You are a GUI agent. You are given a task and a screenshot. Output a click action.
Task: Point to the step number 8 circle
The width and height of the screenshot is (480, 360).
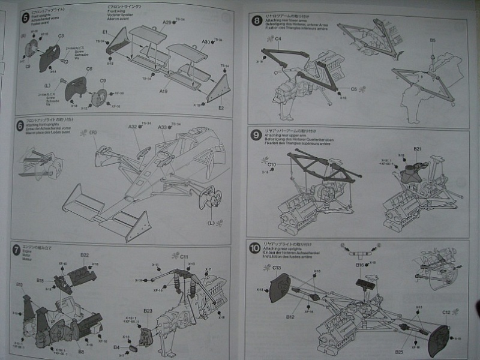pos(257,21)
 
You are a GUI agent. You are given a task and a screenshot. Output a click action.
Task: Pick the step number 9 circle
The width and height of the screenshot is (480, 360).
pos(257,135)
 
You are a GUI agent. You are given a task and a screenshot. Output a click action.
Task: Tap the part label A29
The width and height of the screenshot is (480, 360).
pos(167,22)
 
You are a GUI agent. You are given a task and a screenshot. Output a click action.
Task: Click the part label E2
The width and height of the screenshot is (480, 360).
pos(221,108)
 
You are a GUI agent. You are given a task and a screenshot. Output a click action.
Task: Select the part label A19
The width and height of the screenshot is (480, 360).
pos(164,92)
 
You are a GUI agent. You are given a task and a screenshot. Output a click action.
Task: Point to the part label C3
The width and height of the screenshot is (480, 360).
pos(61,36)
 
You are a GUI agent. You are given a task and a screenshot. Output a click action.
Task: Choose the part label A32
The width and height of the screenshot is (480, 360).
pos(133,127)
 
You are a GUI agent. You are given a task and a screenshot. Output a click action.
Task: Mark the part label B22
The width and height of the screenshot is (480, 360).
pos(85,255)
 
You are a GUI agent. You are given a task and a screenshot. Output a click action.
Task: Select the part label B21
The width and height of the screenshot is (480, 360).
pos(418,149)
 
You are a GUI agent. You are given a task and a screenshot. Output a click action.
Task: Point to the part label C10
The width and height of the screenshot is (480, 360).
pos(271,164)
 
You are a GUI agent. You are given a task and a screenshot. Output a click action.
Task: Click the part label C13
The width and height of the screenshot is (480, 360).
pos(277,267)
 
